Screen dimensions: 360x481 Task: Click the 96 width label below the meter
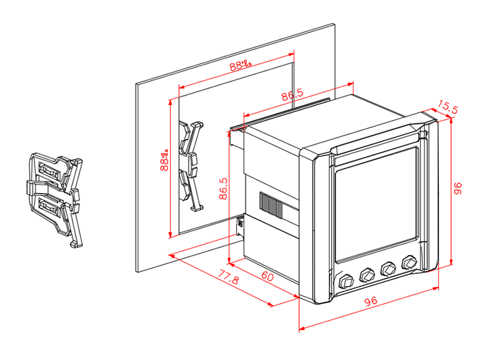370,300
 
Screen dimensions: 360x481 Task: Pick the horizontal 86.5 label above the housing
292,96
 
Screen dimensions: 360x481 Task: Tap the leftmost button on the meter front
345,280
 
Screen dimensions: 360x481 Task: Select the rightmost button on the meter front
410,262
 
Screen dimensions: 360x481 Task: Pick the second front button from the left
367,274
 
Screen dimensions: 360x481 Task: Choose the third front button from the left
389,268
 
